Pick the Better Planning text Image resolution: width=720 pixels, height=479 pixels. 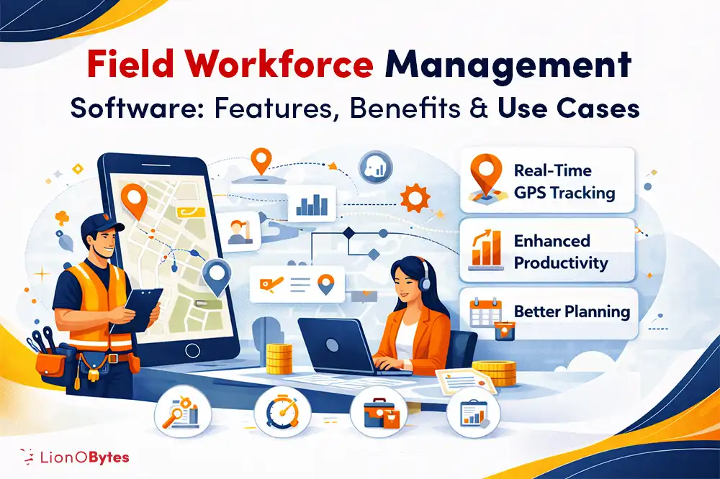(572, 312)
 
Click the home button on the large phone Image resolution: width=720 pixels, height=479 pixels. (192, 350)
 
